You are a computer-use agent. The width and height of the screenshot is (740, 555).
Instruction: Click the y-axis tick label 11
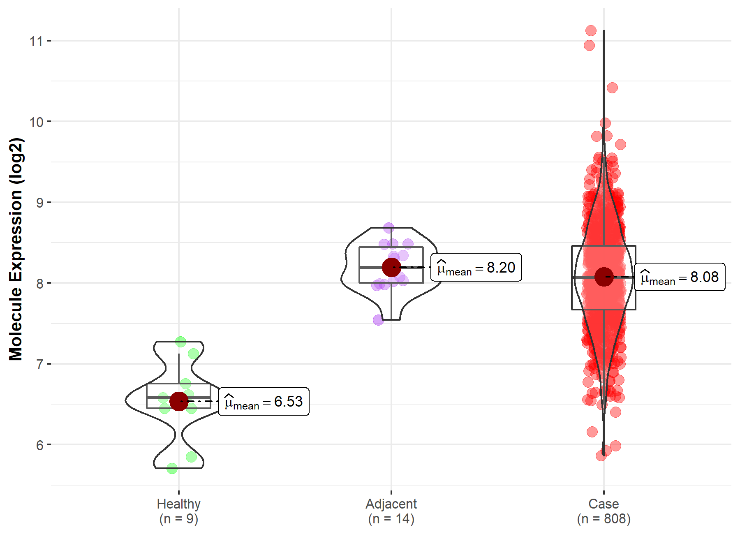tap(36, 41)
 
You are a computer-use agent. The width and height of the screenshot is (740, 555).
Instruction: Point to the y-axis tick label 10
tap(36, 122)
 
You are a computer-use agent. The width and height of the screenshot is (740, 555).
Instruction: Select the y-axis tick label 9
tap(39, 203)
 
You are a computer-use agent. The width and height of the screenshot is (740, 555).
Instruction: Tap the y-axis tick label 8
tap(39, 284)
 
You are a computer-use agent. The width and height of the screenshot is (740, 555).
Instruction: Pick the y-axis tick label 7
tap(39, 364)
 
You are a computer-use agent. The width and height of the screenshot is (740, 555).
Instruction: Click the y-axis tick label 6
tap(39, 445)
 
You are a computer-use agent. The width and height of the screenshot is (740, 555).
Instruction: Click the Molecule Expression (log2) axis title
tap(16, 249)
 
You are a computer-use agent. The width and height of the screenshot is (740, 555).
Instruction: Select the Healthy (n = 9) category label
tap(178, 511)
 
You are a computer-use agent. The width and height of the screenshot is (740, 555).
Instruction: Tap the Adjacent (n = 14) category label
tap(391, 511)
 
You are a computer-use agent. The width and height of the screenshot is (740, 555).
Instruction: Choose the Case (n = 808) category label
tap(604, 511)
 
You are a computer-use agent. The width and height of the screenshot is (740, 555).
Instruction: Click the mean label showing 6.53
tap(264, 402)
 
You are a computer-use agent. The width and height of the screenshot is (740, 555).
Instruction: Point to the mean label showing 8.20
tap(476, 268)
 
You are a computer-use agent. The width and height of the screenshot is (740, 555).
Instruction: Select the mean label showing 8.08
tap(680, 277)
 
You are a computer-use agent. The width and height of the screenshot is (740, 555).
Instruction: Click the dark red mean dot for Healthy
tap(179, 401)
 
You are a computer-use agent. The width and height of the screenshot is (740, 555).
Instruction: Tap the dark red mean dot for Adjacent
tap(391, 267)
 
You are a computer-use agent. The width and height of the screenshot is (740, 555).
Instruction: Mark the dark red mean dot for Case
tap(604, 277)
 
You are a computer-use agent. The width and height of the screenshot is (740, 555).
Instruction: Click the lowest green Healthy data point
tap(172, 468)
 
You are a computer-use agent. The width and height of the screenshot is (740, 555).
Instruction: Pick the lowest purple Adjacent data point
tap(378, 320)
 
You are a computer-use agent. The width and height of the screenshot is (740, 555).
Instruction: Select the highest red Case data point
tap(591, 30)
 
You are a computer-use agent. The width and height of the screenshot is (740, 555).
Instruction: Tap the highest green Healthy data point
tap(180, 341)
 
